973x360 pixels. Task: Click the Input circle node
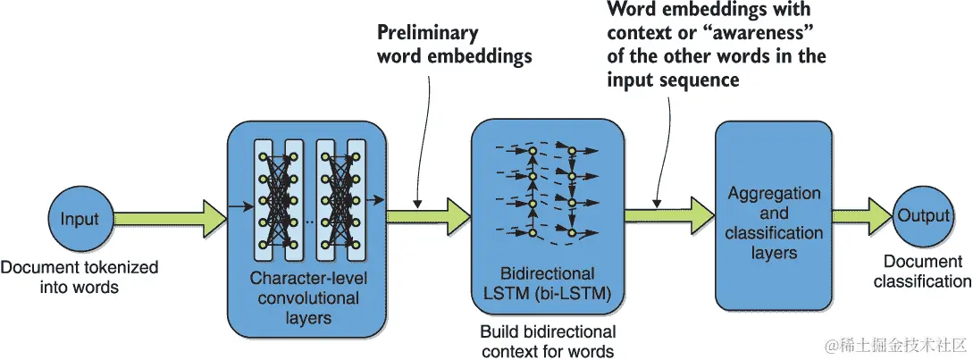click(80, 219)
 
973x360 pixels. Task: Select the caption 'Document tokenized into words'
click(80, 277)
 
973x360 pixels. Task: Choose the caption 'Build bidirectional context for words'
click(547, 341)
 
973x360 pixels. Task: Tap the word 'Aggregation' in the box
click(774, 194)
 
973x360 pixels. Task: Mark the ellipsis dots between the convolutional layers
click(308, 220)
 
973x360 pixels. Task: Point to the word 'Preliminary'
click(428, 34)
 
